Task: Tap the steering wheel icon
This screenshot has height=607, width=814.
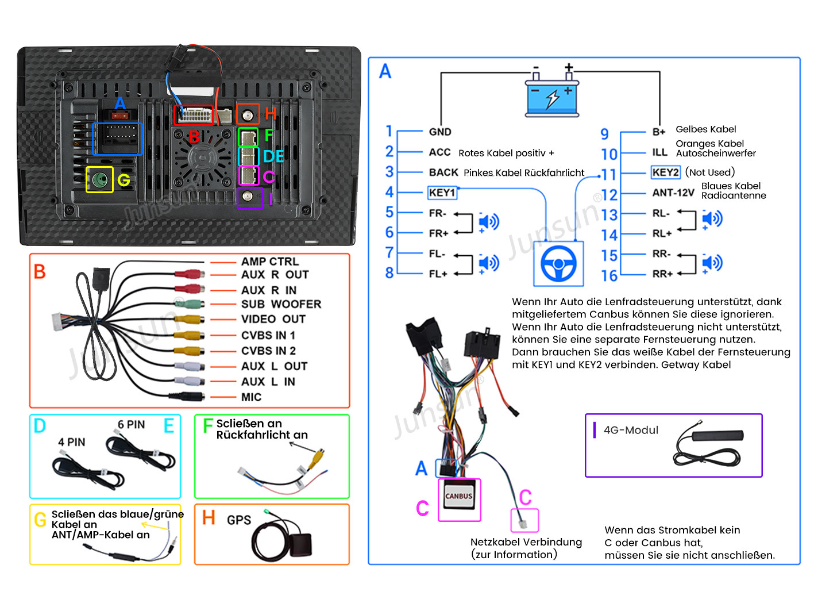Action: [x=558, y=264]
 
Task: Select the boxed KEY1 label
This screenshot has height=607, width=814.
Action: [x=442, y=193]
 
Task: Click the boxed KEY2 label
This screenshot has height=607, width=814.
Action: [x=665, y=172]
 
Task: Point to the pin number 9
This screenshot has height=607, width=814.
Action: [x=604, y=134]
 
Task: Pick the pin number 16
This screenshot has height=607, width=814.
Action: [x=609, y=276]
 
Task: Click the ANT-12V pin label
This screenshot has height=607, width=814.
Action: [x=673, y=193]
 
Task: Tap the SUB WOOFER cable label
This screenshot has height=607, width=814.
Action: [x=281, y=304]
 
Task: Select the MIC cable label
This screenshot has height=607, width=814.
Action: [x=251, y=397]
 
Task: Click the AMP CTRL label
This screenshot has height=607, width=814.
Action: [x=269, y=262]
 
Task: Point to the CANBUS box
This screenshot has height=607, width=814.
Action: [x=459, y=496]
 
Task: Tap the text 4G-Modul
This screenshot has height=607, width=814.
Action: [x=631, y=430]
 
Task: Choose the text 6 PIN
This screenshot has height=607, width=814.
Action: [x=131, y=425]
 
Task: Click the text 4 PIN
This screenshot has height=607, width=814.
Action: [x=71, y=442]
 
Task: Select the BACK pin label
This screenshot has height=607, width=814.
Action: [x=443, y=172]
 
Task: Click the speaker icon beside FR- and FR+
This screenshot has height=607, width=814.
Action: [x=488, y=222]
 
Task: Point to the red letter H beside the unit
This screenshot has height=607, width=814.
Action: [x=271, y=113]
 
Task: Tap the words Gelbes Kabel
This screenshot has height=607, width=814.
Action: [x=705, y=129]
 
